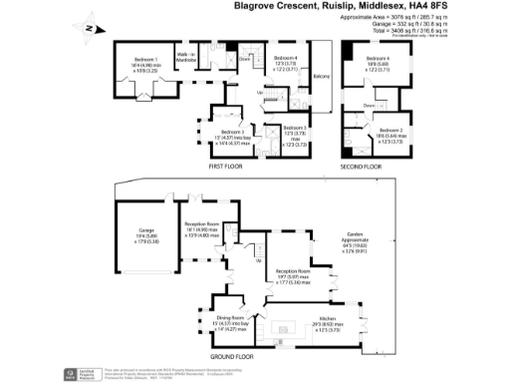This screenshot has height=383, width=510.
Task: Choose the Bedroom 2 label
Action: [389, 131]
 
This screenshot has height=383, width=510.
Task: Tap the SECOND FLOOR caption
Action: [360, 167]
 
